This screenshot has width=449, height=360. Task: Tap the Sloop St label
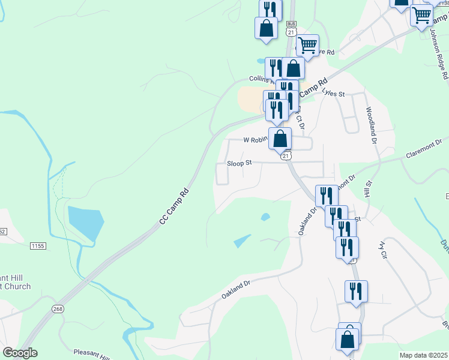tap(239, 162)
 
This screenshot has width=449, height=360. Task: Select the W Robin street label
tap(255, 140)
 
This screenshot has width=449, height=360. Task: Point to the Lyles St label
tap(333, 94)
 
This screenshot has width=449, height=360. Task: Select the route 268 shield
tap(58, 309)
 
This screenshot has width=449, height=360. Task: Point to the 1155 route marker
tap(39, 245)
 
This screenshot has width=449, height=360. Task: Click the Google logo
tap(20, 353)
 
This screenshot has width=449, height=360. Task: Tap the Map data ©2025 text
tap(423, 355)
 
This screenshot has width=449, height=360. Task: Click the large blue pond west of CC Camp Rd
tap(82, 222)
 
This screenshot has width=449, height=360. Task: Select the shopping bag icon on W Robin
tap(280, 139)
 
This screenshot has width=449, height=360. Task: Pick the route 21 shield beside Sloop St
tap(286, 155)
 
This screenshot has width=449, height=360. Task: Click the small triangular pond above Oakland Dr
tap(242, 241)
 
